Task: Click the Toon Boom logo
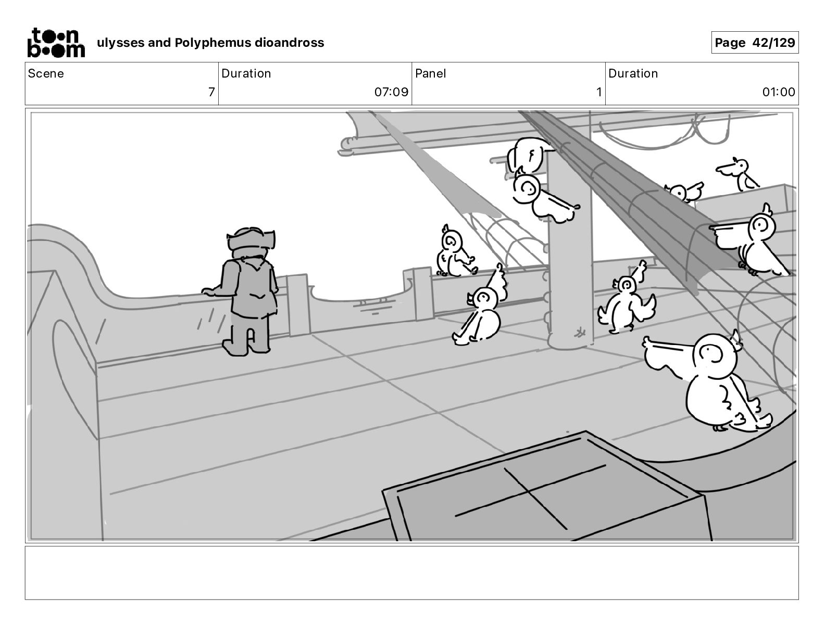[x=55, y=42]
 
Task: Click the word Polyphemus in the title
[x=213, y=43]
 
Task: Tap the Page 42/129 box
[x=755, y=43]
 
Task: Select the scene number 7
[x=211, y=93]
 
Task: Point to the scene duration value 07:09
[x=391, y=93]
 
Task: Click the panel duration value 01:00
[x=779, y=93]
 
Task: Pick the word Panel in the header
[x=431, y=73]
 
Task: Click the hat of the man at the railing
[x=251, y=240]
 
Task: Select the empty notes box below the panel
[x=411, y=572]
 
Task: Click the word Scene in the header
[x=46, y=73]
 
